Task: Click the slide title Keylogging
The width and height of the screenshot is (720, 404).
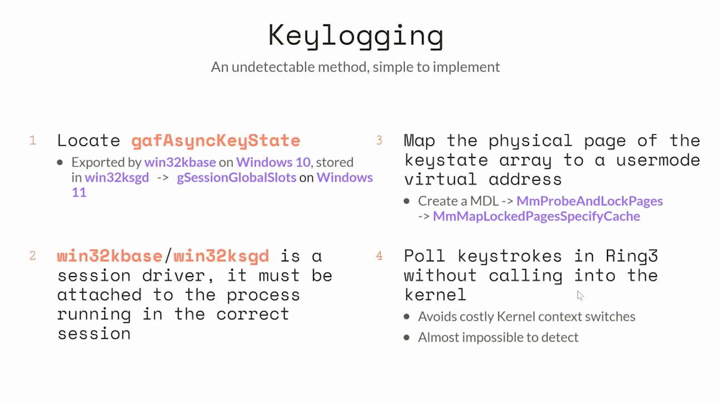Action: pyautogui.click(x=356, y=36)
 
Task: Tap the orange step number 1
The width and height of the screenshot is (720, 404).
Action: pyautogui.click(x=33, y=141)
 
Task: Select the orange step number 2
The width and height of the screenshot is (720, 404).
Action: pyautogui.click(x=33, y=256)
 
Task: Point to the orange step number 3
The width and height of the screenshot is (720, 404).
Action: pyautogui.click(x=379, y=140)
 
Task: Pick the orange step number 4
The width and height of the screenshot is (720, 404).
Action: pyautogui.click(x=379, y=256)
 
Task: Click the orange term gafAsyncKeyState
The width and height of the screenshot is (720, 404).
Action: pyautogui.click(x=215, y=141)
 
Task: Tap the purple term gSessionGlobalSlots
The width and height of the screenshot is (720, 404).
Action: pyautogui.click(x=237, y=178)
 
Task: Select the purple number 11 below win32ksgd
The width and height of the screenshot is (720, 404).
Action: pyautogui.click(x=79, y=193)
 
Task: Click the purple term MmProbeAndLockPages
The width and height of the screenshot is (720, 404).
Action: pyautogui.click(x=589, y=201)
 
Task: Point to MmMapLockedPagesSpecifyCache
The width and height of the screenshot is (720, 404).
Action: pyautogui.click(x=536, y=216)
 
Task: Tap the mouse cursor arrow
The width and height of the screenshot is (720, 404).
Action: pyautogui.click(x=580, y=295)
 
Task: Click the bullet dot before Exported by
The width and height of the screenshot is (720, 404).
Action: pyautogui.click(x=60, y=163)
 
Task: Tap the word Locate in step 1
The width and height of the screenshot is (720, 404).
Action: pyautogui.click(x=88, y=141)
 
